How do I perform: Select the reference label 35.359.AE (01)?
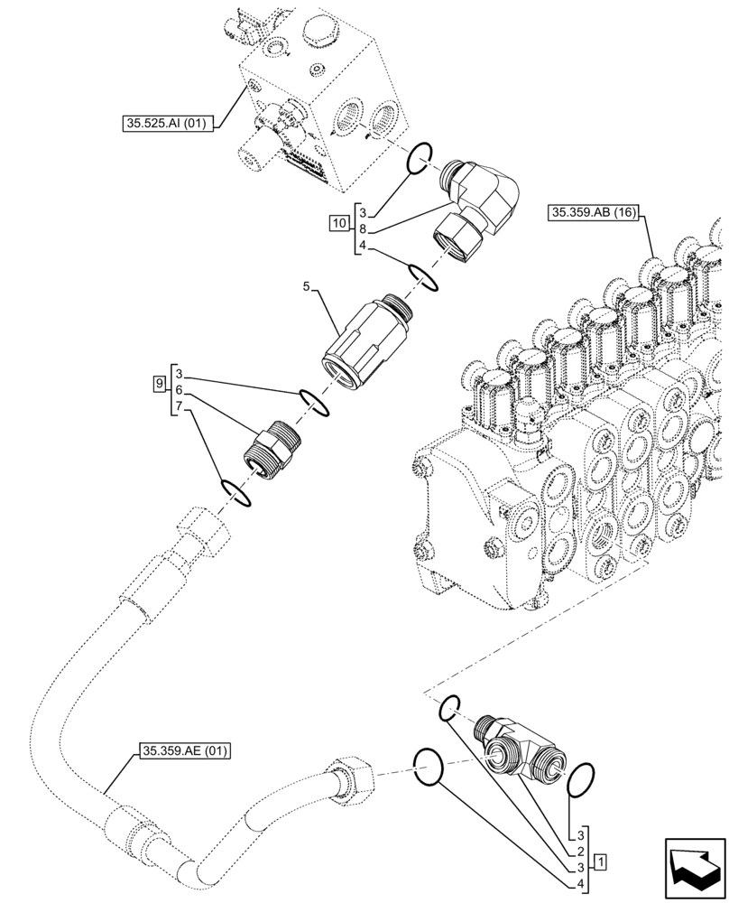[185, 749]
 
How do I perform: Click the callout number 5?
[307, 286]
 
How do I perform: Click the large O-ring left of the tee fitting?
[429, 767]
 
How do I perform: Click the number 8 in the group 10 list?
[361, 229]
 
